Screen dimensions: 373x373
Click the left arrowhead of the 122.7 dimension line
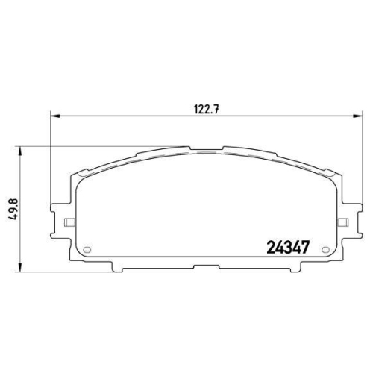[54, 115]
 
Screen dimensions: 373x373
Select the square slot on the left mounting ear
[68, 222]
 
